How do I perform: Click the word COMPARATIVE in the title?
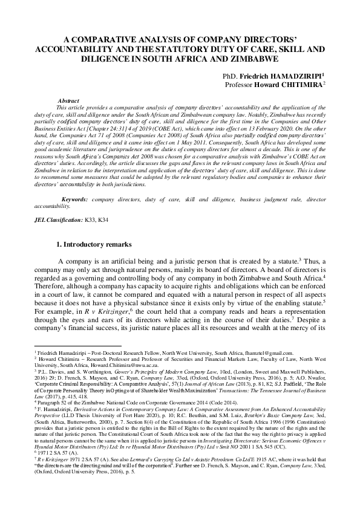[104, 36]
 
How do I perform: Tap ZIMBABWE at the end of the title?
[250, 59]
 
